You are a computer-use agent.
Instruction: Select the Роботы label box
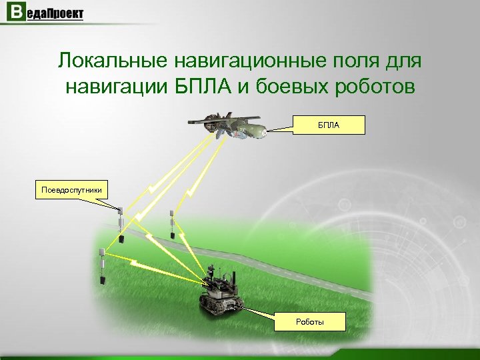pyautogui.click(x=310, y=322)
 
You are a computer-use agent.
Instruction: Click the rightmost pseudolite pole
pyautogui.click(x=171, y=223)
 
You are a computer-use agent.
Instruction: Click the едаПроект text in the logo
pyautogui.click(x=55, y=15)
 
